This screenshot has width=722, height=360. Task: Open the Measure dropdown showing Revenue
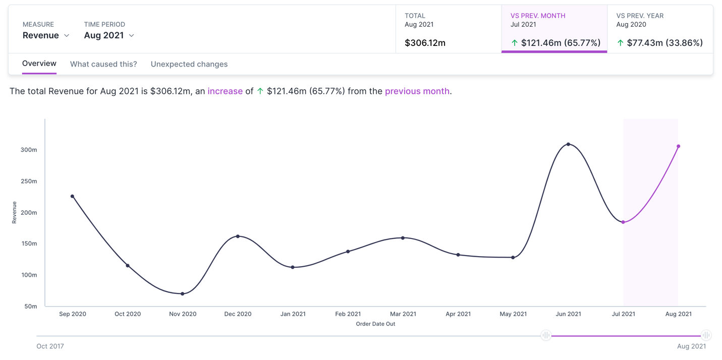pyautogui.click(x=46, y=35)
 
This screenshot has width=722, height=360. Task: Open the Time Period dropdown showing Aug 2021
pyautogui.click(x=109, y=35)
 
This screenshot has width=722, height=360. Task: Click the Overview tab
pyautogui.click(x=39, y=64)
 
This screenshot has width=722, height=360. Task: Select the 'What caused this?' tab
pyautogui.click(x=103, y=64)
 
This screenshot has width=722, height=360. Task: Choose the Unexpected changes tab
pyautogui.click(x=189, y=64)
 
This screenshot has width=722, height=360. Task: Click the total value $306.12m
pyautogui.click(x=425, y=43)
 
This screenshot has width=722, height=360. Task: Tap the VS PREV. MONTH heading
pyautogui.click(x=537, y=16)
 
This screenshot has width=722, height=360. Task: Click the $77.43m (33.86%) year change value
pyautogui.click(x=664, y=43)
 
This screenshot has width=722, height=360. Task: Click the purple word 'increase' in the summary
pyautogui.click(x=225, y=91)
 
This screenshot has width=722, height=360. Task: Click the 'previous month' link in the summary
pyautogui.click(x=417, y=91)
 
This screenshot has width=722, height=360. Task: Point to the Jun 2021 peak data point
pyautogui.click(x=568, y=144)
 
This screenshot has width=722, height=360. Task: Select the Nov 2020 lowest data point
pyautogui.click(x=183, y=293)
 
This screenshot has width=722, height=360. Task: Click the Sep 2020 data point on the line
pyautogui.click(x=72, y=196)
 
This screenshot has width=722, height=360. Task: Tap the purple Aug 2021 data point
pyautogui.click(x=679, y=146)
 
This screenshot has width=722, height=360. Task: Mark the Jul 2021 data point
pyautogui.click(x=623, y=222)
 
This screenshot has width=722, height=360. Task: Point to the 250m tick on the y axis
pyautogui.click(x=28, y=181)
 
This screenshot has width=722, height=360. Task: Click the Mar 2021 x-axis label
pyautogui.click(x=403, y=314)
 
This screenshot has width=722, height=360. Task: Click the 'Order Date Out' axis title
pyautogui.click(x=375, y=324)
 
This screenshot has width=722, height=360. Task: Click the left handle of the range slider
pyautogui.click(x=545, y=335)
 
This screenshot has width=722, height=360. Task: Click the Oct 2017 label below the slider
pyautogui.click(x=50, y=346)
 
